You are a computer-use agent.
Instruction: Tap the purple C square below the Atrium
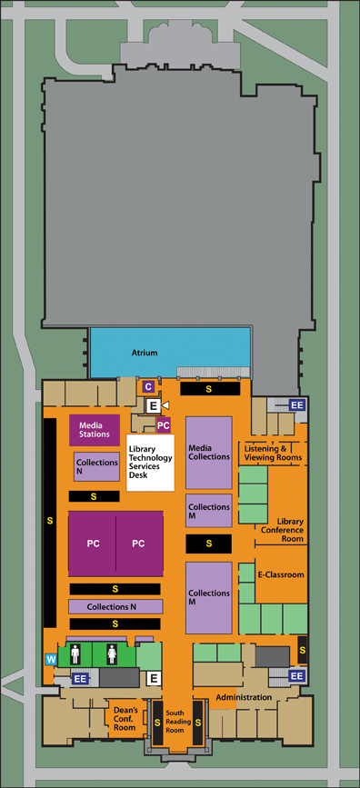[148, 386]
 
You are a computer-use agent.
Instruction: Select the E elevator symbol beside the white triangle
[154, 404]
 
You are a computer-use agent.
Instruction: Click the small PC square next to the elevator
[164, 424]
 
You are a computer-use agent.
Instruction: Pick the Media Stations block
[95, 429]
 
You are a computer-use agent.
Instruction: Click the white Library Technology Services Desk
[150, 462]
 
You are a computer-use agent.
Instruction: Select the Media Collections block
[209, 451]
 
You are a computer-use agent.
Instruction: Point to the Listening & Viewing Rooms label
[272, 453]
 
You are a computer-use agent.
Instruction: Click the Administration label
[245, 697]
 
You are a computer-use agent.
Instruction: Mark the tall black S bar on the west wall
[49, 521]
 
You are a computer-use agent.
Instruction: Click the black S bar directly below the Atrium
[209, 388]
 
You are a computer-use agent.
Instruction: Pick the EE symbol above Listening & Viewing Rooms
[296, 404]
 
